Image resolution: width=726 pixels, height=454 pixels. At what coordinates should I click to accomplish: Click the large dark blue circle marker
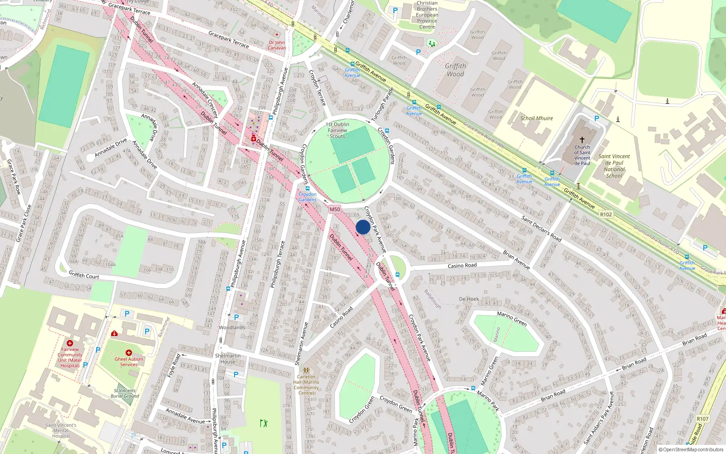[363, 227]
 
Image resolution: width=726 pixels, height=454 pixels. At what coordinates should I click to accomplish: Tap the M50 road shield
[335, 209]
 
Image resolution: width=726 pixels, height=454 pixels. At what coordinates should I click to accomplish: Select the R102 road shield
[606, 214]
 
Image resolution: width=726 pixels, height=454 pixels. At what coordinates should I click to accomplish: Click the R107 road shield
[702, 419]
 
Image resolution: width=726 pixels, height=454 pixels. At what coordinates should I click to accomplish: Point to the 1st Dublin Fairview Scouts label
[338, 130]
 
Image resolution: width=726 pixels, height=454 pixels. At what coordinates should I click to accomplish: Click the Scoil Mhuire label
[536, 118]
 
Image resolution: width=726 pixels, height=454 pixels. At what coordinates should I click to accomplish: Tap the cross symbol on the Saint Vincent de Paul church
[582, 140]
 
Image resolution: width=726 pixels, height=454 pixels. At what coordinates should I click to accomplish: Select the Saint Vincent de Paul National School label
[614, 166]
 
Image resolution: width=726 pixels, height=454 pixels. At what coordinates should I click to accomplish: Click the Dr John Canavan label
[277, 45]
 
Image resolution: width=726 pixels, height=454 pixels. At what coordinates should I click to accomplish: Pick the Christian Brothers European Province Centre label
[427, 15]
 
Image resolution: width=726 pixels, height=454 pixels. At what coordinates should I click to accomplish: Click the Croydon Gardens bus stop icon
[308, 188]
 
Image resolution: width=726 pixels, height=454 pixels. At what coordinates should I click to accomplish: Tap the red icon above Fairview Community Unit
[70, 343]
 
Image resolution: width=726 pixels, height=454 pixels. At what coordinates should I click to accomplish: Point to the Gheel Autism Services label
[129, 362]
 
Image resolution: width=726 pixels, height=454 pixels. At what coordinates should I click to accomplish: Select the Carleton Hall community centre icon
[306, 370]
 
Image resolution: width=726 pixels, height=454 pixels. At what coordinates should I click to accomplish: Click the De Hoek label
[469, 299]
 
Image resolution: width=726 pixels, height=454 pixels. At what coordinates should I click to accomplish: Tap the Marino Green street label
[512, 319]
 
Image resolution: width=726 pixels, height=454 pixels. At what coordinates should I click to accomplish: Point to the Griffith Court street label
[84, 275]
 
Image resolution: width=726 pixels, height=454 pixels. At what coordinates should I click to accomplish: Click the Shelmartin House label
[228, 359]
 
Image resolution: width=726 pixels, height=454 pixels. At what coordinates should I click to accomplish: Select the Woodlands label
[232, 327]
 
